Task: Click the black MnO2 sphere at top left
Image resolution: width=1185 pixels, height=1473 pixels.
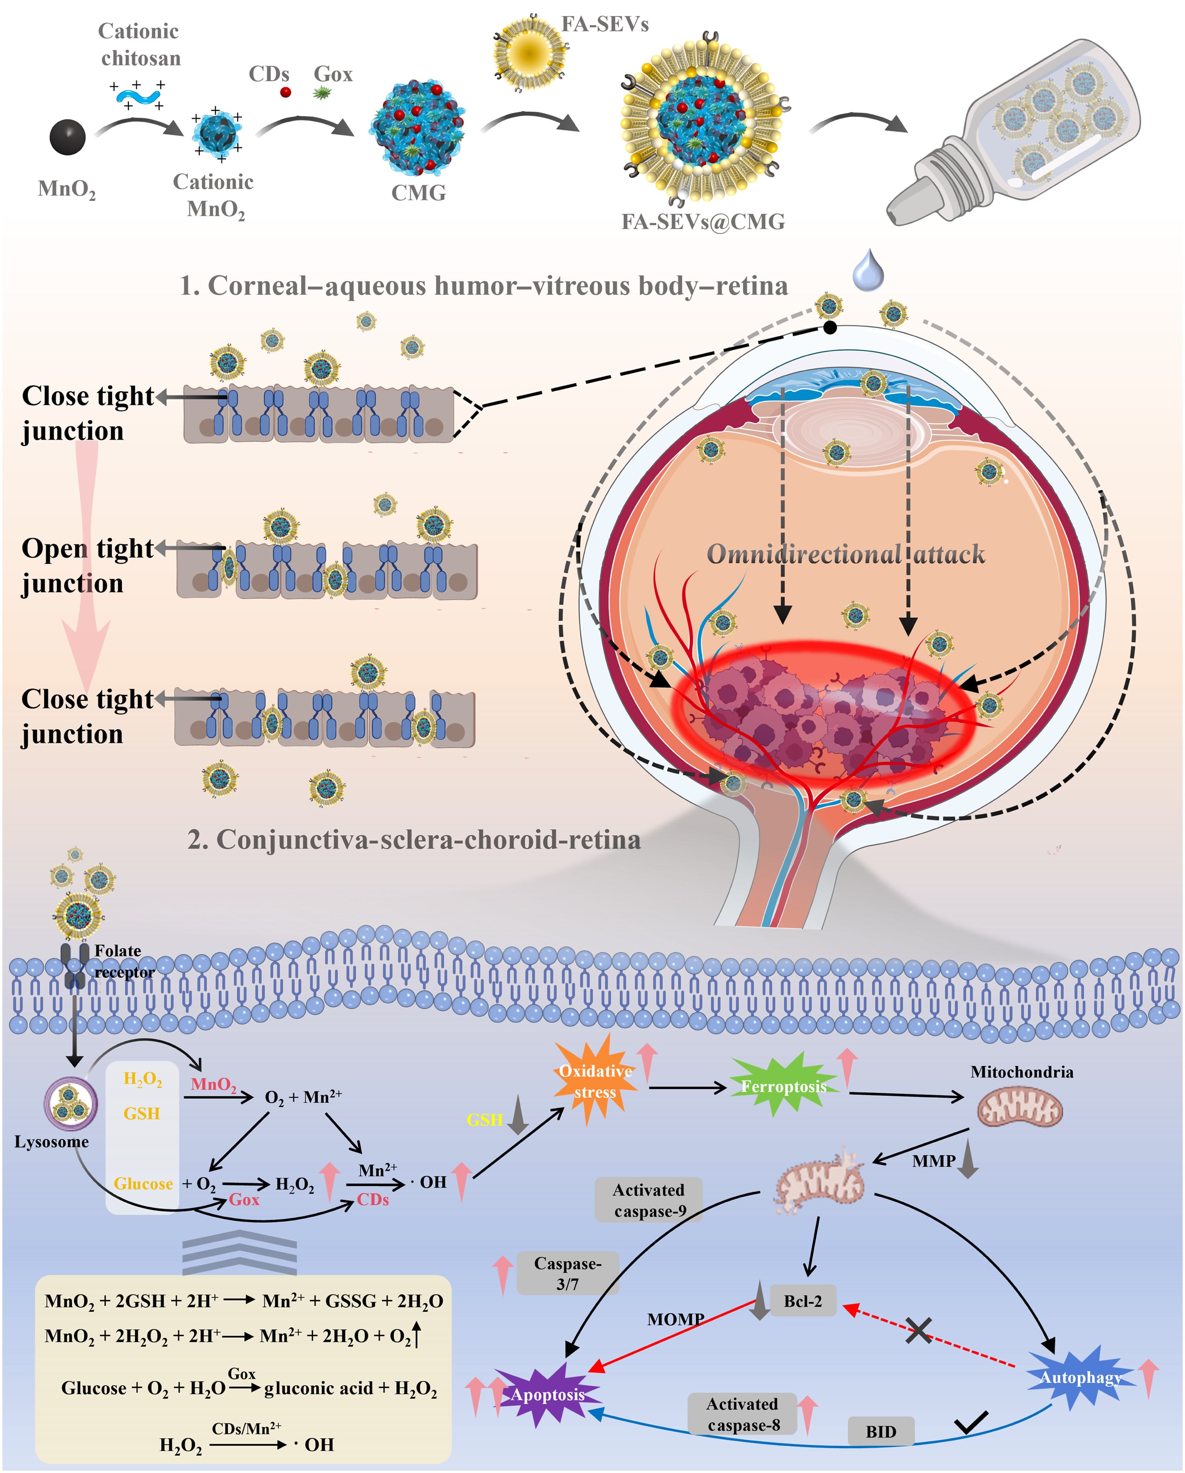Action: [68, 137]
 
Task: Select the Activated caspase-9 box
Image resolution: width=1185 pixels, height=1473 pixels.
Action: [649, 1200]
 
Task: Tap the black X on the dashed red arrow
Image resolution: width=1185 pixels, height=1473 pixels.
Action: [919, 1330]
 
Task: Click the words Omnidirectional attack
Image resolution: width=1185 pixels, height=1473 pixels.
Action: [846, 554]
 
